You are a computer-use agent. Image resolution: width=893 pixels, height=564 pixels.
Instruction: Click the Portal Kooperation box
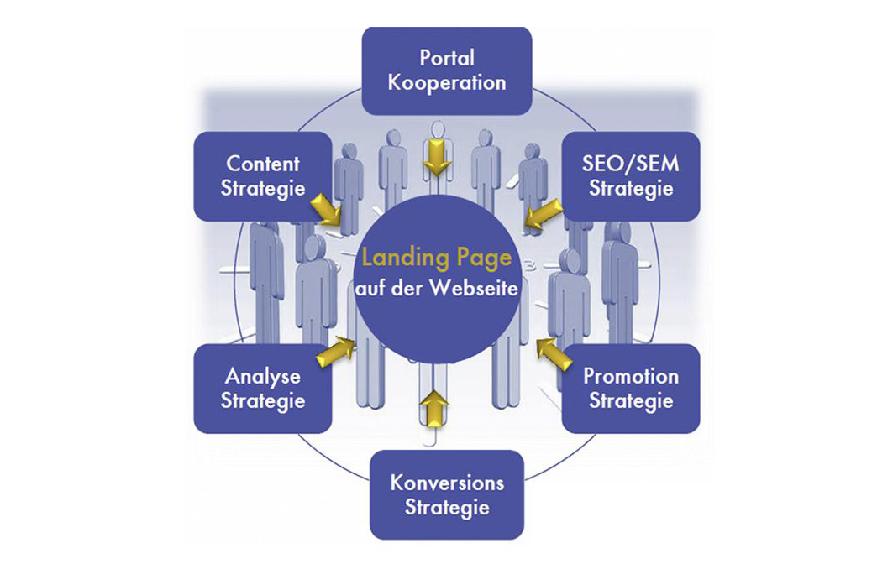pyautogui.click(x=447, y=70)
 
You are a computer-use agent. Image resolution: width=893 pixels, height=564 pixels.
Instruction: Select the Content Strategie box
pyautogui.click(x=263, y=176)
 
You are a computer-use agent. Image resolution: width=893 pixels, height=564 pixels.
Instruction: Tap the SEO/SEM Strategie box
pyautogui.click(x=631, y=176)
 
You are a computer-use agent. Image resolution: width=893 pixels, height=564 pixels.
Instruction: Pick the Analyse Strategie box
pyautogui.click(x=263, y=388)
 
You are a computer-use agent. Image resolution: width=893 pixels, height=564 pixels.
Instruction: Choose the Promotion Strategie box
pyautogui.click(x=631, y=388)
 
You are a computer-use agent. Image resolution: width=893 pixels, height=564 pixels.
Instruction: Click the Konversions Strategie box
pyautogui.click(x=447, y=494)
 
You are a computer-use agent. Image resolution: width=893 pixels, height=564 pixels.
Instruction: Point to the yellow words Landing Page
pyautogui.click(x=437, y=258)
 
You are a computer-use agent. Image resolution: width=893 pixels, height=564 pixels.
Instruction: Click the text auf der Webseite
pyautogui.click(x=437, y=288)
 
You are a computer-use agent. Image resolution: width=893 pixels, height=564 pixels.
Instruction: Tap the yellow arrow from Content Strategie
pyautogui.click(x=326, y=209)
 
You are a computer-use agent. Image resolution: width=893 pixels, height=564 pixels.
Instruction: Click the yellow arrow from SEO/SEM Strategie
pyautogui.click(x=543, y=215)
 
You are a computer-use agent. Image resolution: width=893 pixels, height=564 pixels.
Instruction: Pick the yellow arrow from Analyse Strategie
pyautogui.click(x=335, y=351)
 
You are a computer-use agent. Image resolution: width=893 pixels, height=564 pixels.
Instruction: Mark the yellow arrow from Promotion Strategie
pyautogui.click(x=554, y=354)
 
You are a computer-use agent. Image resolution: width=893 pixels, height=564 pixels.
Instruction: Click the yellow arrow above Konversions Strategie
pyautogui.click(x=434, y=409)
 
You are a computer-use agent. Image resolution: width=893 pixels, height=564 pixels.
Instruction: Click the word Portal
pyautogui.click(x=447, y=57)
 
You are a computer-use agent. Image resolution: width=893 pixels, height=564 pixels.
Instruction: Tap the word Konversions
pyautogui.click(x=447, y=483)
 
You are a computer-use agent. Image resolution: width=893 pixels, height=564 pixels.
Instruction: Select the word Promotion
pyautogui.click(x=631, y=376)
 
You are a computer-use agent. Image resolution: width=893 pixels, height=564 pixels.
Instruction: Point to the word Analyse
pyautogui.click(x=263, y=377)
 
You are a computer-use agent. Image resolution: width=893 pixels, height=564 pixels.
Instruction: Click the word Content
pyautogui.click(x=263, y=164)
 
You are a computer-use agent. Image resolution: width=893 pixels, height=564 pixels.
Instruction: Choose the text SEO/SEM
pyautogui.click(x=631, y=164)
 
